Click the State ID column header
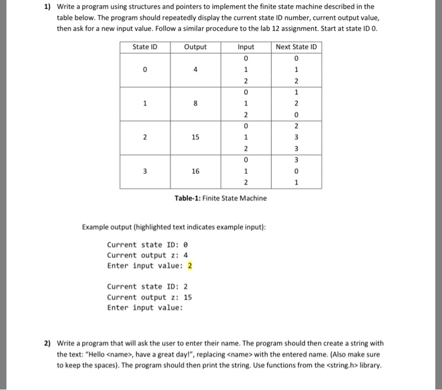tap(145, 47)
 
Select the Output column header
tap(195, 47)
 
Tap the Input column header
tap(246, 47)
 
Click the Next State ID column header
tap(296, 47)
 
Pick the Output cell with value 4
tap(195, 70)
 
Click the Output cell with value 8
tap(195, 104)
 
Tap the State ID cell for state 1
tap(145, 104)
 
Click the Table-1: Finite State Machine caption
tap(220, 198)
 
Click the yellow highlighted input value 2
tap(189, 265)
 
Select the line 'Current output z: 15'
tap(150, 297)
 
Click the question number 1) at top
tap(47, 7)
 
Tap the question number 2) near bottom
tap(47, 344)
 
